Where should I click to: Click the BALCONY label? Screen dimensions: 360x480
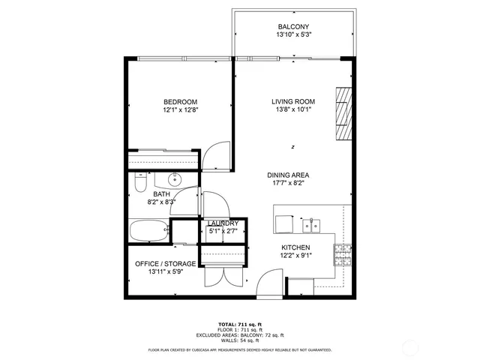click(x=292, y=27)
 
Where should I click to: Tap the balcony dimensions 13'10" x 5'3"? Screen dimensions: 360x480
click(x=292, y=35)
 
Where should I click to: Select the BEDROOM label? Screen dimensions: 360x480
click(x=181, y=102)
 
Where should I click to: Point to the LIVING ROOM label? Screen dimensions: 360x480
click(x=293, y=102)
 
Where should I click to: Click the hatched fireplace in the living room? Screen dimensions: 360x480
click(x=343, y=112)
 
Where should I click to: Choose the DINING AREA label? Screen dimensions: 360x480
click(x=289, y=175)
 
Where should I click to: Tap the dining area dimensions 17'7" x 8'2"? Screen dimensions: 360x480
click(x=289, y=184)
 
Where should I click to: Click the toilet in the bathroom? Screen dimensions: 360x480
click(x=139, y=182)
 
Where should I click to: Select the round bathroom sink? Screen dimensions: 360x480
click(x=175, y=179)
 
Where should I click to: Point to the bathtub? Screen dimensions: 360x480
click(x=149, y=231)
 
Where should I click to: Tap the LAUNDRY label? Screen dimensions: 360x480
click(x=223, y=223)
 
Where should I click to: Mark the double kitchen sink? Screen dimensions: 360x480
click(x=313, y=225)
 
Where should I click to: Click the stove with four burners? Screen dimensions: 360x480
click(x=343, y=255)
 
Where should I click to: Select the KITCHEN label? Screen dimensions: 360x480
click(x=295, y=247)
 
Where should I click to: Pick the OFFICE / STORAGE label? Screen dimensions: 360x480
click(x=166, y=264)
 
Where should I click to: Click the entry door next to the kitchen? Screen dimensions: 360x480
click(x=268, y=283)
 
